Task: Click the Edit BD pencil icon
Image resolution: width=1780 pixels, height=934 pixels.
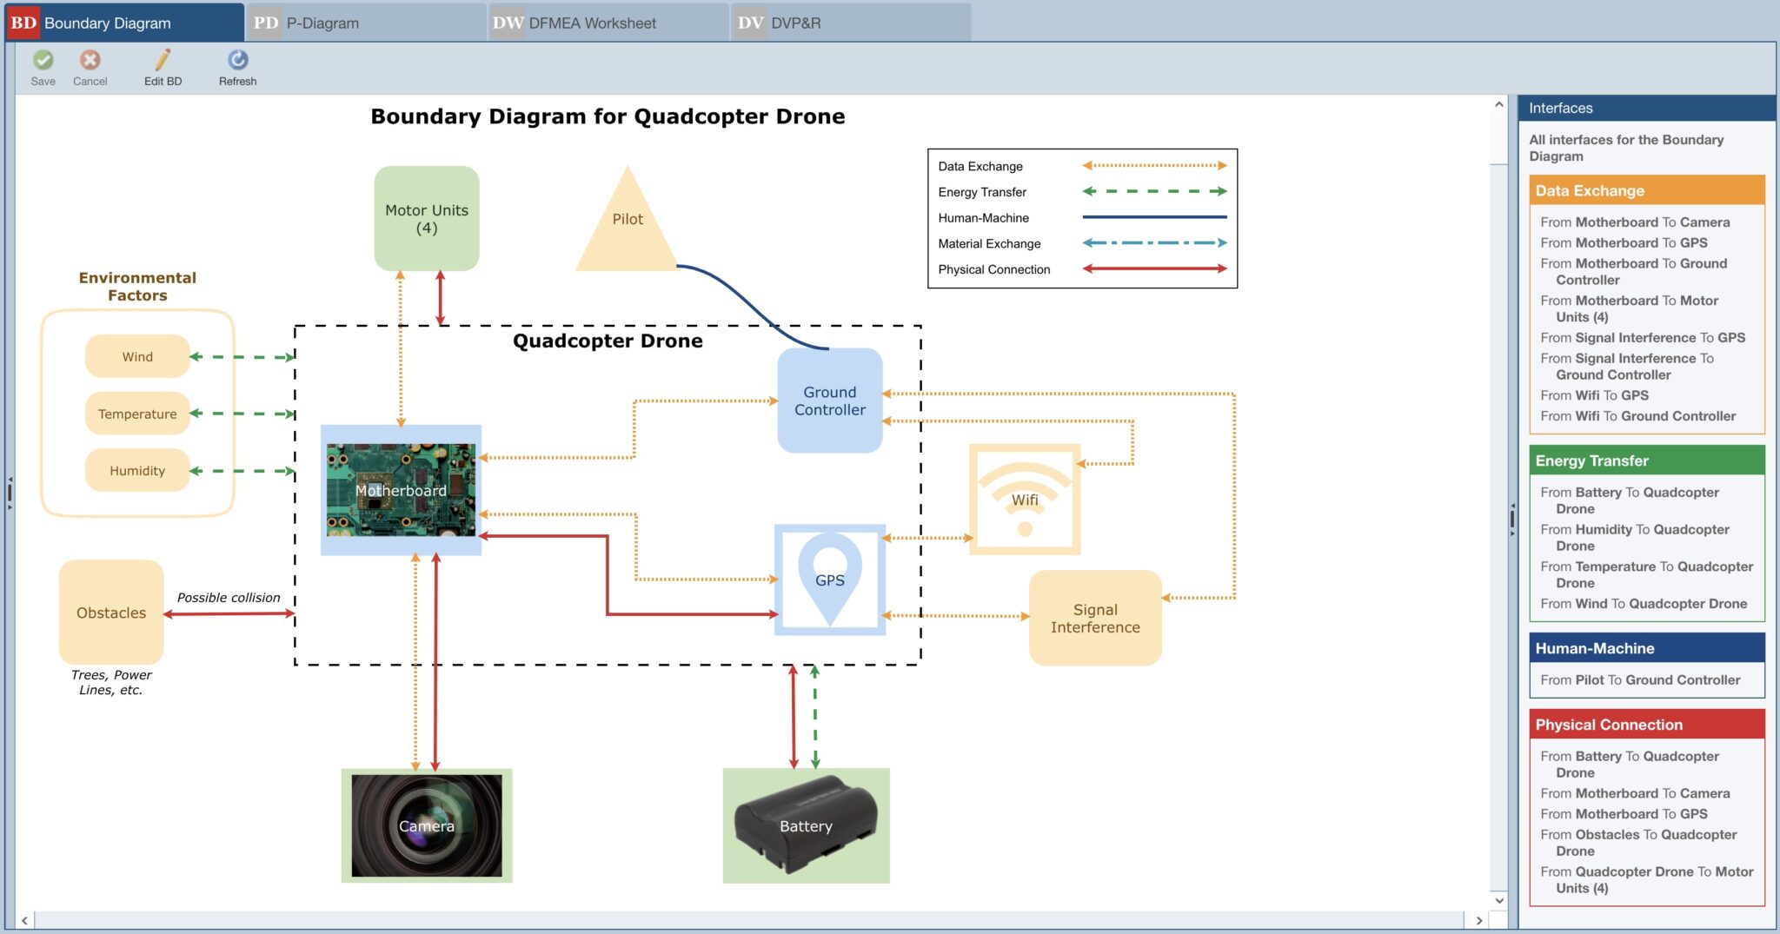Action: (163, 60)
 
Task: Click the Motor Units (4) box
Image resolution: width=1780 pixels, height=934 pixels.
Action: (426, 219)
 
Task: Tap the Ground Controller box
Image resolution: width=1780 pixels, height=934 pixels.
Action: (829, 401)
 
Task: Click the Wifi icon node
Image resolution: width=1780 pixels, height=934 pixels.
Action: (1025, 500)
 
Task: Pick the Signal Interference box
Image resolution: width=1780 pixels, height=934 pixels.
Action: (1094, 618)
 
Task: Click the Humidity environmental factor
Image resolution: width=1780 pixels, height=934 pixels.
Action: (137, 470)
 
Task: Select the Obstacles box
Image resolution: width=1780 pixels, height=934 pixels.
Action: (111, 613)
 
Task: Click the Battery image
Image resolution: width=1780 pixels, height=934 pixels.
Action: (806, 825)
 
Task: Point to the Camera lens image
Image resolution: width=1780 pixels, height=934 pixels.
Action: (426, 825)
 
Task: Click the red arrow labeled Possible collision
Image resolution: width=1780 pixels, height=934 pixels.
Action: (229, 613)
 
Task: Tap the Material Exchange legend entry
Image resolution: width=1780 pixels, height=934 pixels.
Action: (989, 243)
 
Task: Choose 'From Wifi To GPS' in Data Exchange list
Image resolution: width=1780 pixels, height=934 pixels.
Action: (1594, 395)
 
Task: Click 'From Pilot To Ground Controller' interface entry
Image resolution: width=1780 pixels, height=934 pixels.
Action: (1639, 680)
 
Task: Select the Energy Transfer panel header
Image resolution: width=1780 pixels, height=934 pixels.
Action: (1645, 460)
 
